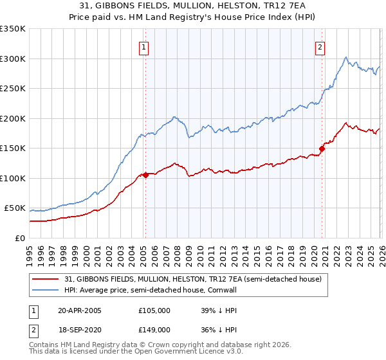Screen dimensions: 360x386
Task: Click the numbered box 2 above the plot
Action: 320,46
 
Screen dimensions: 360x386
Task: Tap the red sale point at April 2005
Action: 146,175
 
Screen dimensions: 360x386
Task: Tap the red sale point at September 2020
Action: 322,149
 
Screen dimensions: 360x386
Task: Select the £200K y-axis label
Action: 13,118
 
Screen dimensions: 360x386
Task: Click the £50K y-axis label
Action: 15,208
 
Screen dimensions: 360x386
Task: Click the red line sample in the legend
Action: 46,278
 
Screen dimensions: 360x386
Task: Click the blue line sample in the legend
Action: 46,289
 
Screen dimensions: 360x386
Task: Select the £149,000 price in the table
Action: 154,329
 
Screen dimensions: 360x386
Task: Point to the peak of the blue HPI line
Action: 346,57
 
